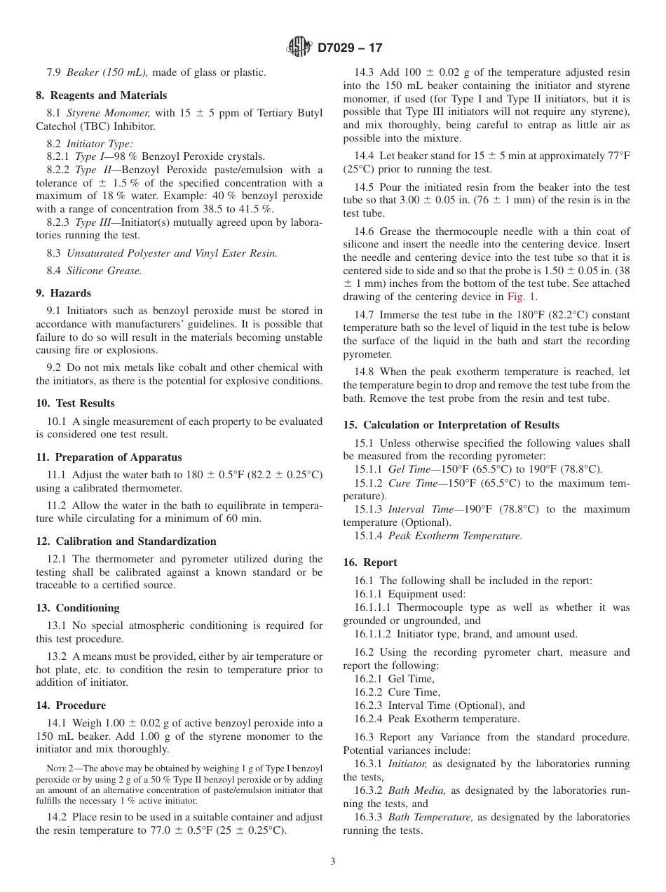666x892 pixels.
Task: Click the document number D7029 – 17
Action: pos(350,48)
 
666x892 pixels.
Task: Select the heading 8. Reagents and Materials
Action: pos(102,95)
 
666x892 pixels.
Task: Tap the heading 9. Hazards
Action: pos(63,293)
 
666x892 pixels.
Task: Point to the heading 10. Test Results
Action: pos(75,403)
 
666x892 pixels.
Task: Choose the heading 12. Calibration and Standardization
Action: pos(126,541)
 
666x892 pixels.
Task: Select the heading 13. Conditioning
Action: pos(78,608)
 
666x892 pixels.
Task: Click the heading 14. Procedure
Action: pos(71,705)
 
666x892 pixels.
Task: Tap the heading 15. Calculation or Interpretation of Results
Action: pos(451,425)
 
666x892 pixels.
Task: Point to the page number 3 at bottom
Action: pos(332,862)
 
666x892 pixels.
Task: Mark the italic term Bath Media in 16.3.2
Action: pos(417,790)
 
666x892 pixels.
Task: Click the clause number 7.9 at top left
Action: pos(54,72)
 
